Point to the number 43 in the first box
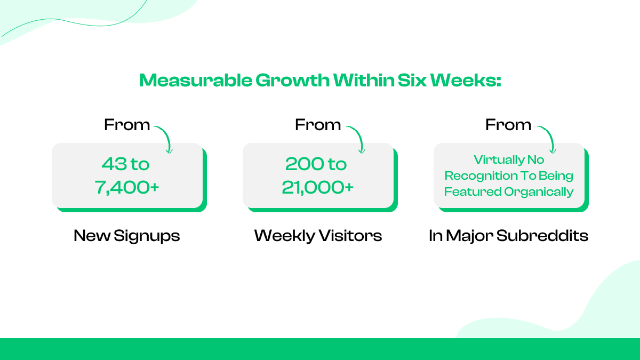(113, 164)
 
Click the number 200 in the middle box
(300, 164)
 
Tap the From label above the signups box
(127, 125)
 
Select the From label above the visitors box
(318, 125)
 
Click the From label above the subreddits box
(508, 125)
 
